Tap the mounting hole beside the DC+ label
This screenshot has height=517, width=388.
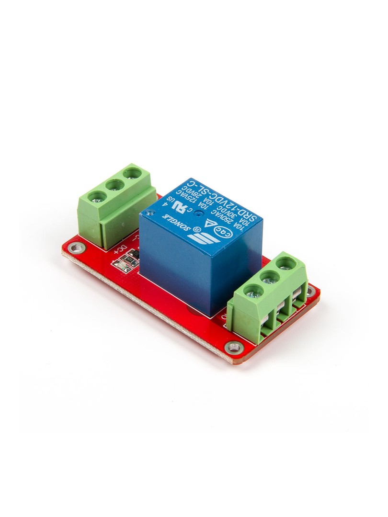74,248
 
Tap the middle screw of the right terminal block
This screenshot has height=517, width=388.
270,276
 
